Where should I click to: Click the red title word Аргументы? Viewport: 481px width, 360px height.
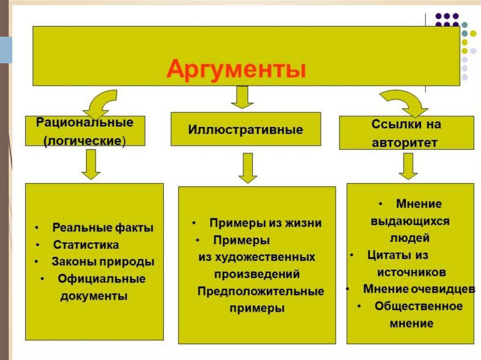tap(236, 69)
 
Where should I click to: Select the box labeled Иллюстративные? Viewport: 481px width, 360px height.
tap(246, 129)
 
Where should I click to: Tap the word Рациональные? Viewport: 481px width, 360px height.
tap(85, 123)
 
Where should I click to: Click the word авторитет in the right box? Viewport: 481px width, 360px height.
tap(404, 143)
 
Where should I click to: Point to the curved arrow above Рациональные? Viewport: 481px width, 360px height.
tap(100, 104)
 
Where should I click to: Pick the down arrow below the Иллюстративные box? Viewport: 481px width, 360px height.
tap(248, 168)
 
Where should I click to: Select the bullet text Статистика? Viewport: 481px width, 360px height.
tap(86, 245)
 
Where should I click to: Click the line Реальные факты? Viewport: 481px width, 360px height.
tap(103, 228)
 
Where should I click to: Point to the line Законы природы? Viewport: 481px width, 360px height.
tap(103, 261)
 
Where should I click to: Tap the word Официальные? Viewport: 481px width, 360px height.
tap(101, 279)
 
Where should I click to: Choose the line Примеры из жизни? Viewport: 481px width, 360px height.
tap(265, 223)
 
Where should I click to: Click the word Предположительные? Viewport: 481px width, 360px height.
tap(260, 291)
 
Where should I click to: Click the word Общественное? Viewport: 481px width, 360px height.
tap(419, 306)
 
